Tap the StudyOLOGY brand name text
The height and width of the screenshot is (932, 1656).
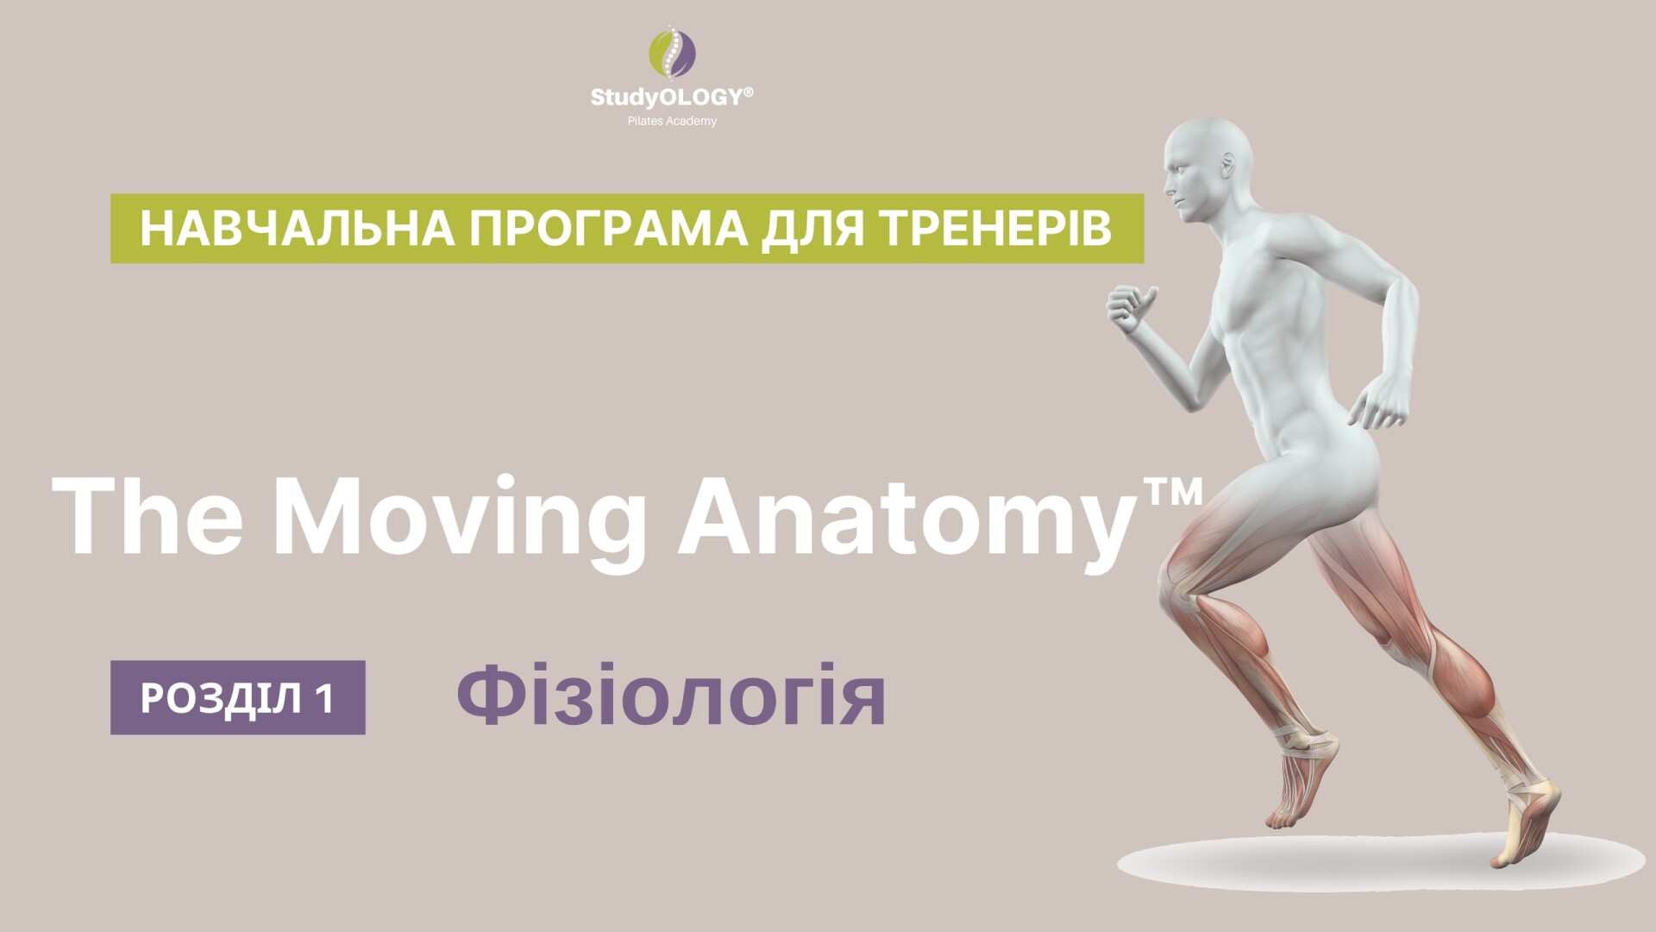pos(667,97)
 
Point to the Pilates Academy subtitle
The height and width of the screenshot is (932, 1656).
pos(672,121)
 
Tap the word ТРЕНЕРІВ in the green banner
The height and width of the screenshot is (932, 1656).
pos(984,229)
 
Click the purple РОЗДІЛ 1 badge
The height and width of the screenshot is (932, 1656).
pos(237,697)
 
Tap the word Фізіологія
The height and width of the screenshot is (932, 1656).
pos(671,697)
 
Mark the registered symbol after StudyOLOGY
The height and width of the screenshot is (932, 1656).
pos(748,91)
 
